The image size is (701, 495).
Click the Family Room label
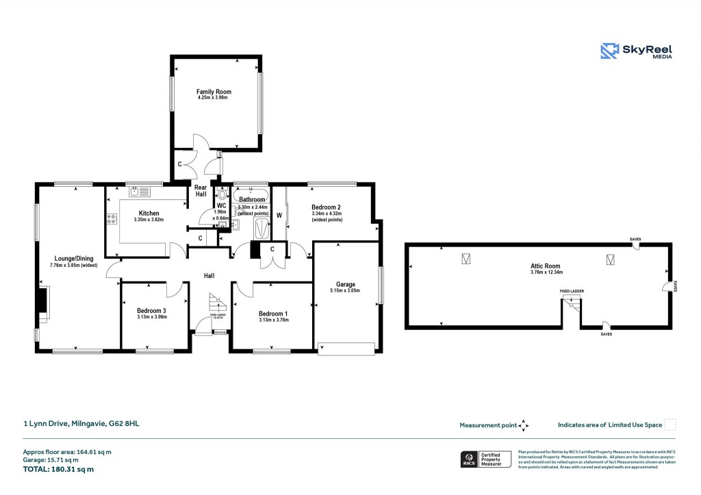[x=214, y=92]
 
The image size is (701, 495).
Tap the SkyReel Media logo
[x=636, y=51]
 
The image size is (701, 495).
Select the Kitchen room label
[x=149, y=213]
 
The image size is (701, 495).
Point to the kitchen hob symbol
[x=110, y=220]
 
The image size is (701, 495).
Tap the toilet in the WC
[x=220, y=194]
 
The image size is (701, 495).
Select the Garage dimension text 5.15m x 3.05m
[x=348, y=290]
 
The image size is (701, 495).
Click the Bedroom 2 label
[x=326, y=207]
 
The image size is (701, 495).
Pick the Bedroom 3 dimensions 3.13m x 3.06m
[x=151, y=317]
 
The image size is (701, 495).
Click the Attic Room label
[x=545, y=266]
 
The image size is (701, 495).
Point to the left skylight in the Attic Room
[x=466, y=259]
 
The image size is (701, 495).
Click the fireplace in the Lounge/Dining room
[x=44, y=304]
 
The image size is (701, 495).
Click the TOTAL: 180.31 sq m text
[x=58, y=470]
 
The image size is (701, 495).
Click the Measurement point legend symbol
[x=524, y=425]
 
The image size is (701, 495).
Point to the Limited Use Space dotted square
[x=670, y=424]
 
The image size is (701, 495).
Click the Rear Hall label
[x=201, y=190]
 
